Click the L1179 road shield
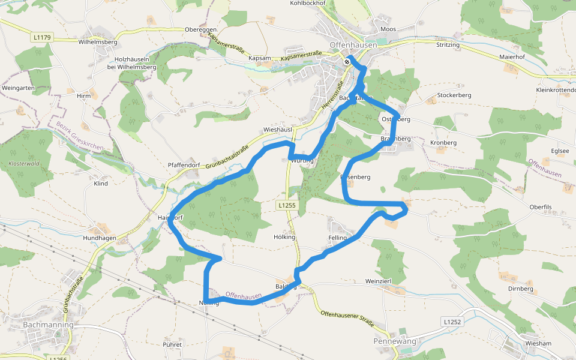click(x=43, y=37)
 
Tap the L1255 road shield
click(x=287, y=205)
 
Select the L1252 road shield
click(x=453, y=322)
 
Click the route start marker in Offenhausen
click(x=347, y=61)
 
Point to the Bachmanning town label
click(x=47, y=325)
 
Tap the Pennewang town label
click(x=394, y=341)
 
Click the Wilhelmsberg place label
click(x=98, y=43)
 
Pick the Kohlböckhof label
click(x=307, y=3)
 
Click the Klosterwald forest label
click(x=23, y=164)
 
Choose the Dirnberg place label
click(x=520, y=289)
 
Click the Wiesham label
click(x=538, y=343)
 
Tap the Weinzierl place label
click(x=378, y=281)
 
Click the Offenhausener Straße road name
click(x=347, y=319)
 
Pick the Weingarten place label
click(x=19, y=88)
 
